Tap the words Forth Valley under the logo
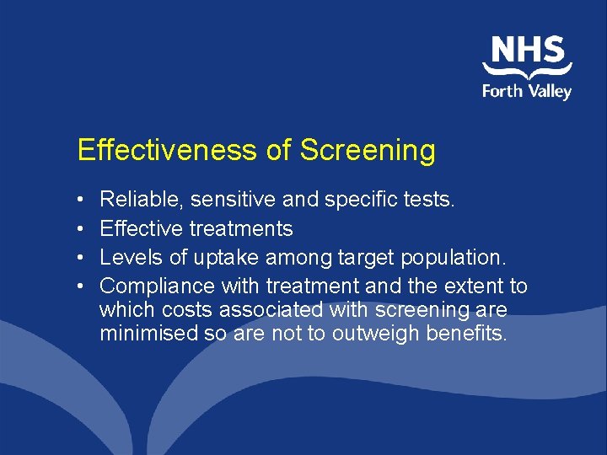(527, 91)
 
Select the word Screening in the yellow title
(368, 150)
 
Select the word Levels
(128, 257)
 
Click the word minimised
(148, 333)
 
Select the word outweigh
(374, 333)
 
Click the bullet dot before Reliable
(79, 201)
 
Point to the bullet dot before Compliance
(79, 287)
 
